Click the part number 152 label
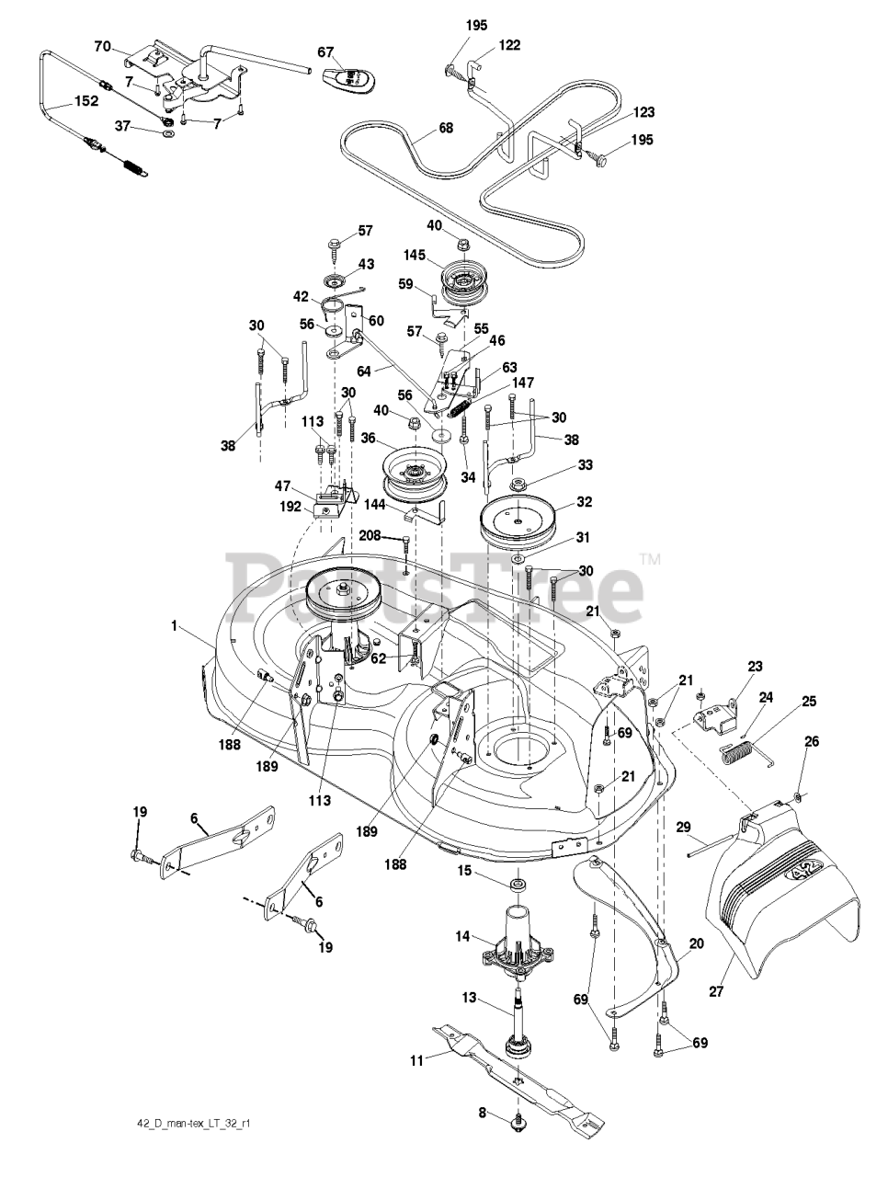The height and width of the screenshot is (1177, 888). click(x=86, y=101)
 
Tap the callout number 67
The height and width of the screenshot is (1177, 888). click(x=325, y=52)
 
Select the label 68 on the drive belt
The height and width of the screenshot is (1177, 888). click(x=445, y=128)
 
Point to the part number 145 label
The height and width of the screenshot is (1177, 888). click(x=415, y=256)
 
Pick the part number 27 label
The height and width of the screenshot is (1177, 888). click(x=716, y=991)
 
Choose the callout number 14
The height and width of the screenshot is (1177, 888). click(x=462, y=936)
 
